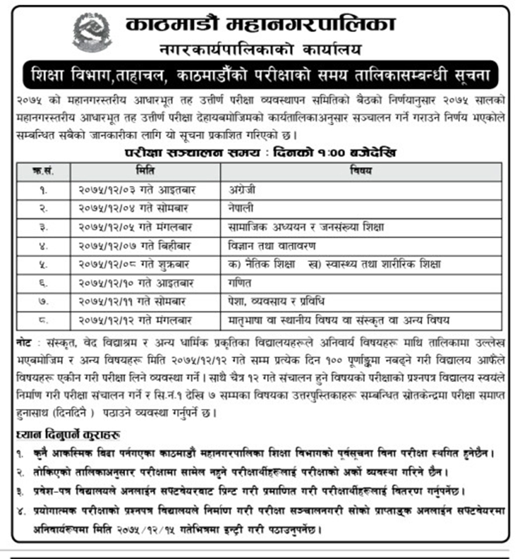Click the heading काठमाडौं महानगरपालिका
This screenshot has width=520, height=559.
click(260, 25)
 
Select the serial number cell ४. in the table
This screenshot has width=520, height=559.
click(43, 245)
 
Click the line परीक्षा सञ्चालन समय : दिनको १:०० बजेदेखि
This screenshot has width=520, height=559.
click(260, 153)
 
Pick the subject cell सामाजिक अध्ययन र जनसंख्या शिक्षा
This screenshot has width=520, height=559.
click(298, 226)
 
